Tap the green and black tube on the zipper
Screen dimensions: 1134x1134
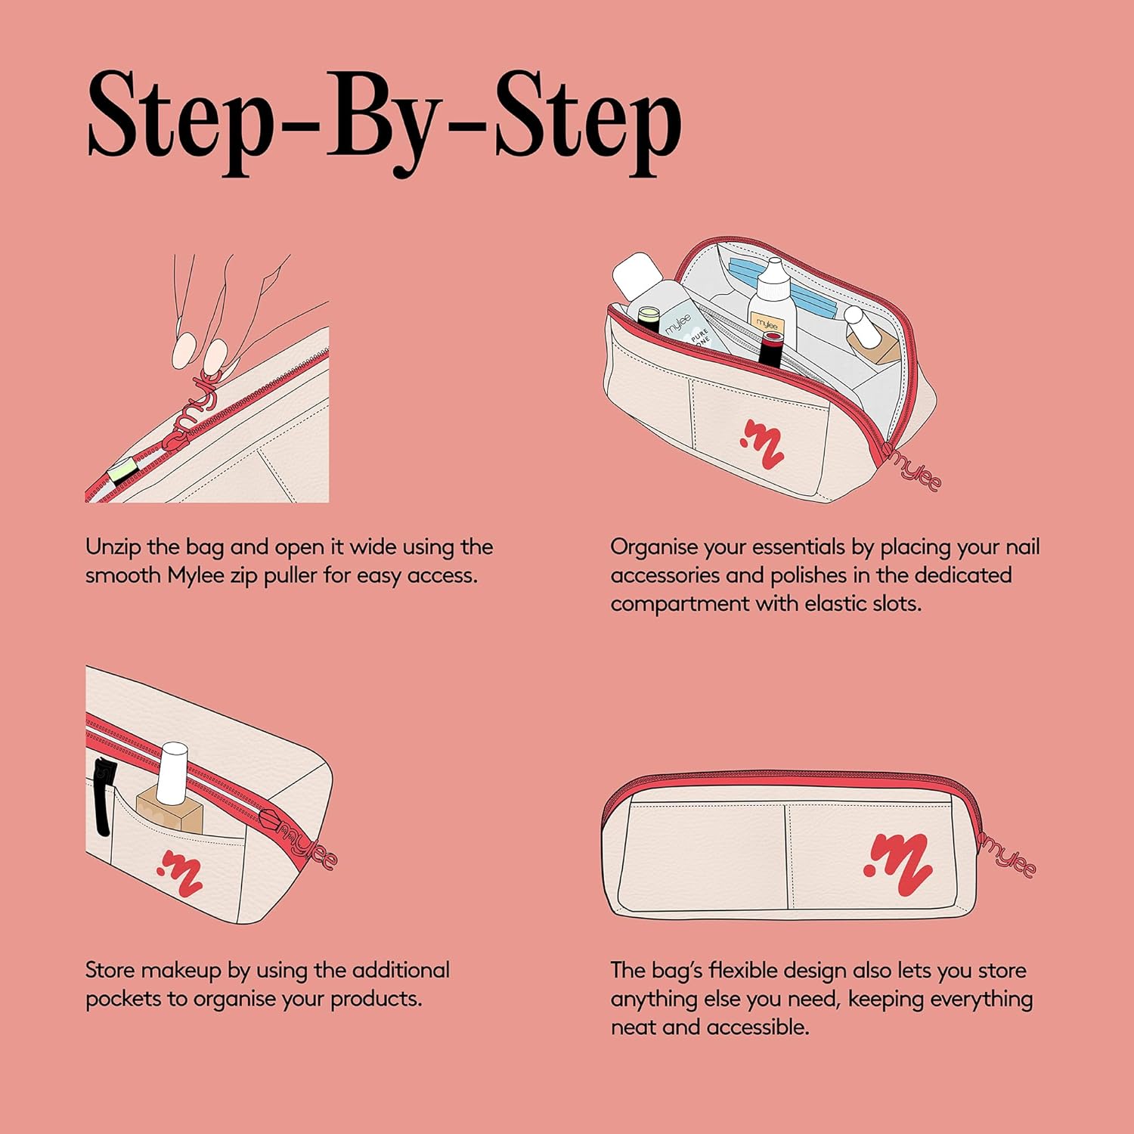point(121,471)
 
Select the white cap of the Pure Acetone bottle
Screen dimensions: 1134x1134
point(637,275)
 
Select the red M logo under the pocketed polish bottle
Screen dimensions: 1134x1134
point(180,873)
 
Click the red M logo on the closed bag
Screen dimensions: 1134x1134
point(898,865)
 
